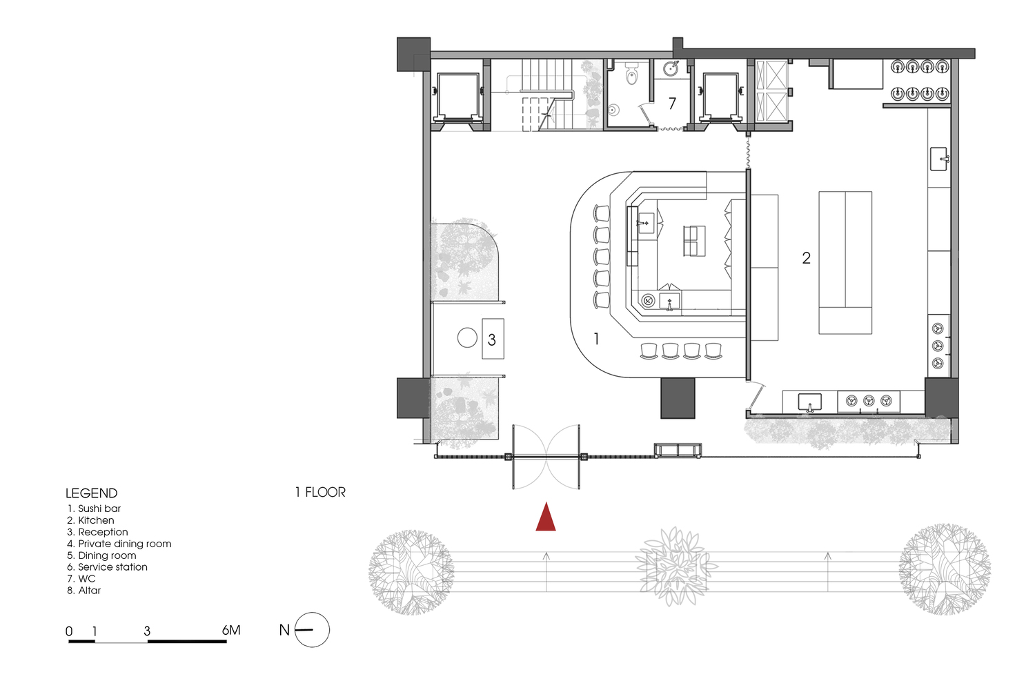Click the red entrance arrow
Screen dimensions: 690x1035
tap(546, 518)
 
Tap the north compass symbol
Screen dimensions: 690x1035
tap(312, 630)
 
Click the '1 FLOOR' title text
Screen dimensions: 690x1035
tap(320, 492)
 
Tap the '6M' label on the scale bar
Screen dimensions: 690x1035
tap(231, 630)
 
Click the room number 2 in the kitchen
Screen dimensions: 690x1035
tap(806, 258)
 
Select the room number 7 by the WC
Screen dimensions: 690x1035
tap(672, 103)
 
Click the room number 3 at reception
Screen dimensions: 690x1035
tap(491, 339)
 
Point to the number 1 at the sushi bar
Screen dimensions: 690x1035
tap(596, 339)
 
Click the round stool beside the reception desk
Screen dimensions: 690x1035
tap(467, 337)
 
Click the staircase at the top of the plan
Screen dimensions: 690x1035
tap(547, 94)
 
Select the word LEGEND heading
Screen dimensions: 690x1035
tap(91, 493)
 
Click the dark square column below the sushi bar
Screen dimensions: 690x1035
tap(678, 397)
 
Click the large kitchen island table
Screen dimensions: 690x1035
tap(845, 263)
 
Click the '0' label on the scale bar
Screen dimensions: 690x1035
tap(69, 631)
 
